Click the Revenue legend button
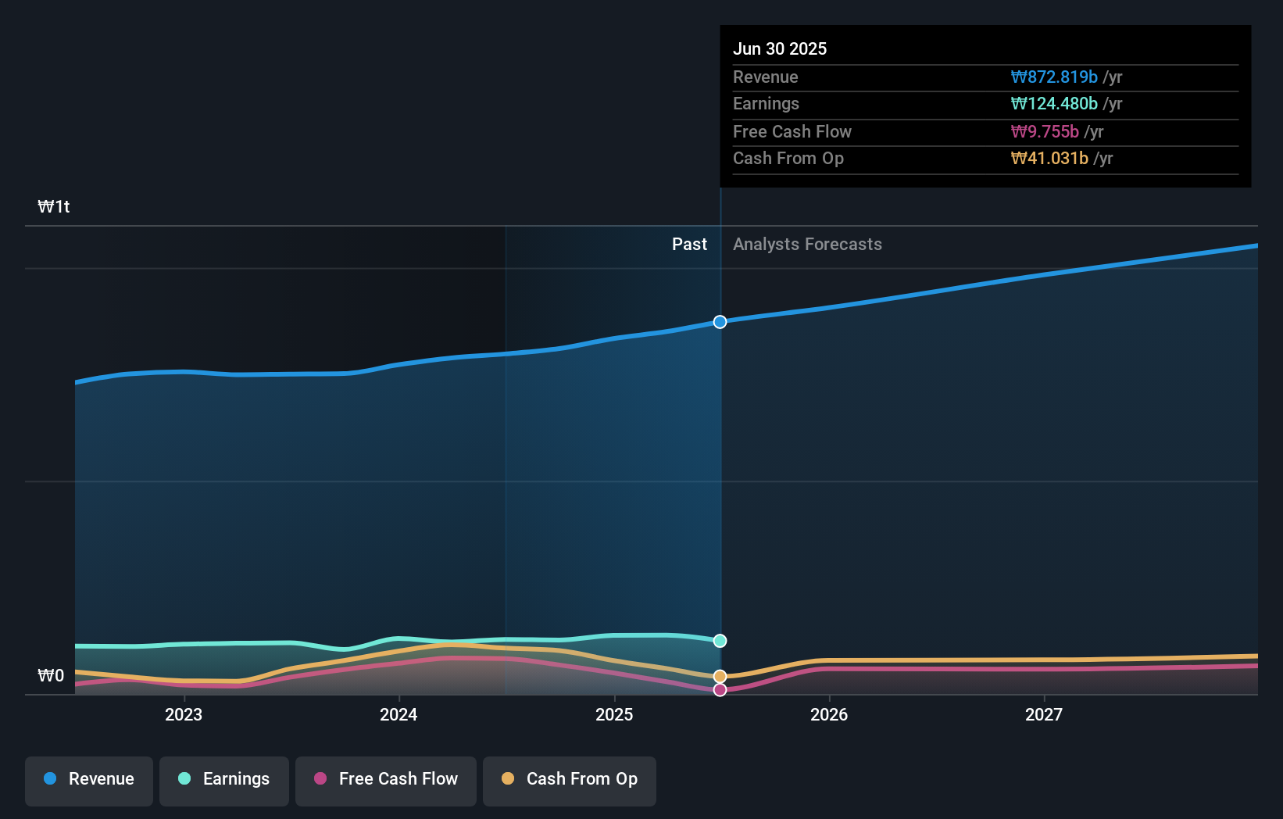(x=89, y=779)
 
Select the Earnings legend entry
(x=224, y=779)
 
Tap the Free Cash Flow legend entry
(x=386, y=779)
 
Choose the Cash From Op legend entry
(x=570, y=779)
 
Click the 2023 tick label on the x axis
(x=184, y=715)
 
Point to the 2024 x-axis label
(x=398, y=715)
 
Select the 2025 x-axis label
(x=614, y=715)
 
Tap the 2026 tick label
(x=829, y=715)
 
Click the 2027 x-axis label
(x=1044, y=715)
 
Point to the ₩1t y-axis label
(x=54, y=207)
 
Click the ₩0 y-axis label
(x=51, y=676)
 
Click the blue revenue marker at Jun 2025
(x=720, y=322)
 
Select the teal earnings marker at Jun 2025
(x=720, y=641)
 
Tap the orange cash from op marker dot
(x=720, y=676)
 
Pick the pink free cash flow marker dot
(x=720, y=689)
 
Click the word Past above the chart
(x=689, y=245)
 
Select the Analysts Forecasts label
(x=807, y=245)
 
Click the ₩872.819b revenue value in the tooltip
(x=1054, y=77)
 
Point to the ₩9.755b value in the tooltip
(x=1045, y=132)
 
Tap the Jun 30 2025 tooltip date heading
(x=780, y=49)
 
